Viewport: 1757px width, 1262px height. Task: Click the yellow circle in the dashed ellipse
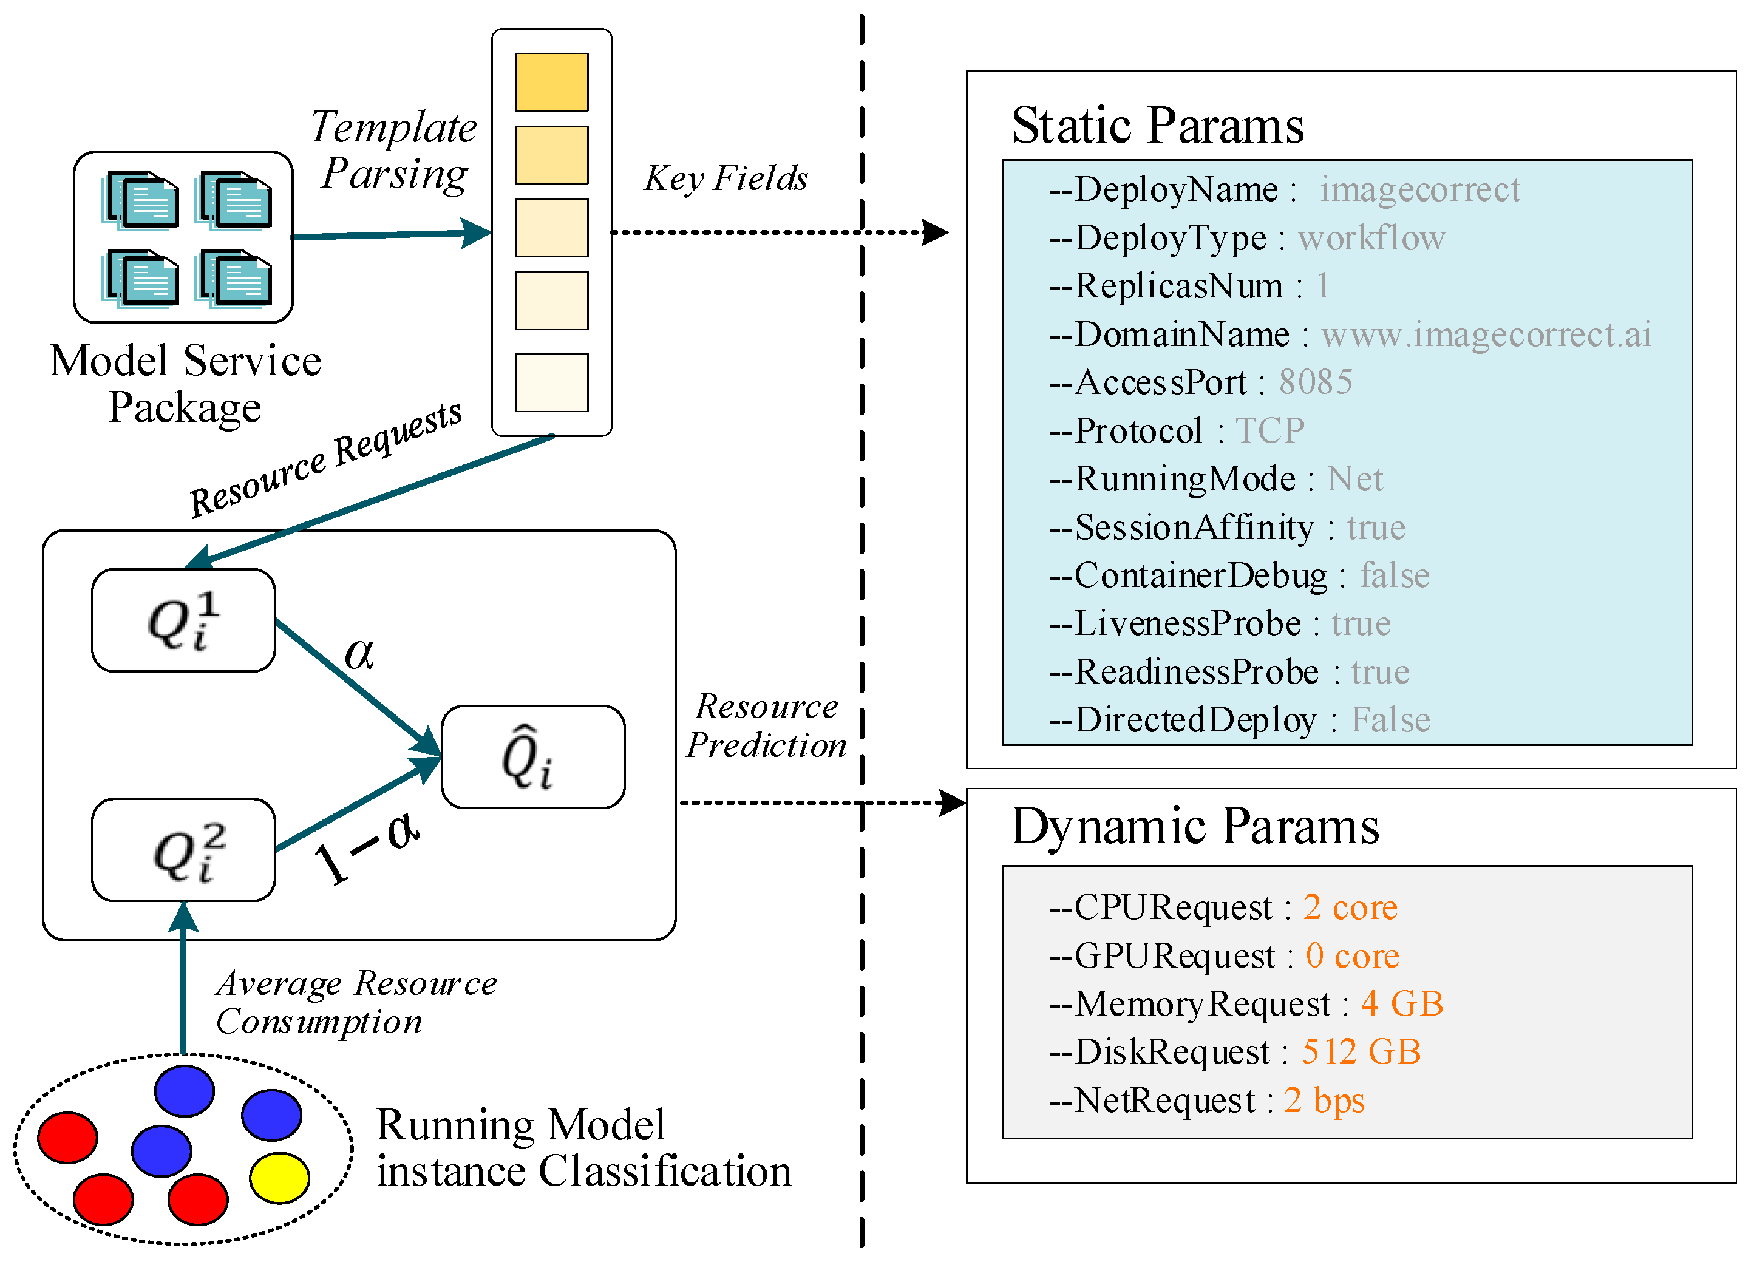(279, 1178)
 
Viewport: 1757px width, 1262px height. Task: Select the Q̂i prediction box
(533, 757)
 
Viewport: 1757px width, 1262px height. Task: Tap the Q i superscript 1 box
(183, 620)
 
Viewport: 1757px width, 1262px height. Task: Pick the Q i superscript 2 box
(183, 850)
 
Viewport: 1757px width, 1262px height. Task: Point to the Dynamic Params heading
(1195, 827)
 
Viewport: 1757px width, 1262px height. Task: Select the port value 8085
(1316, 382)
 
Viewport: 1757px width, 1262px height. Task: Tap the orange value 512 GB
(1361, 1052)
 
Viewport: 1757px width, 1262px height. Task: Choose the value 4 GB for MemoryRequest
(1401, 1004)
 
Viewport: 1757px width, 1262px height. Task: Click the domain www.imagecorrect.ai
(1486, 334)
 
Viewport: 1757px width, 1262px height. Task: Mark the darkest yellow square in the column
(552, 82)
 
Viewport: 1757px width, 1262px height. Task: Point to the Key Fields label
(726, 178)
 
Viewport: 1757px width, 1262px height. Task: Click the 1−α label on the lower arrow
(367, 848)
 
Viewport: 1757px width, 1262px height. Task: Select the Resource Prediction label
(766, 726)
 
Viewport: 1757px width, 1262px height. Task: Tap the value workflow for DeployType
(1371, 238)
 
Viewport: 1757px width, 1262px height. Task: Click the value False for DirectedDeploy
(1390, 720)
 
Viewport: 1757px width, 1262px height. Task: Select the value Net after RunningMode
(1355, 479)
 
